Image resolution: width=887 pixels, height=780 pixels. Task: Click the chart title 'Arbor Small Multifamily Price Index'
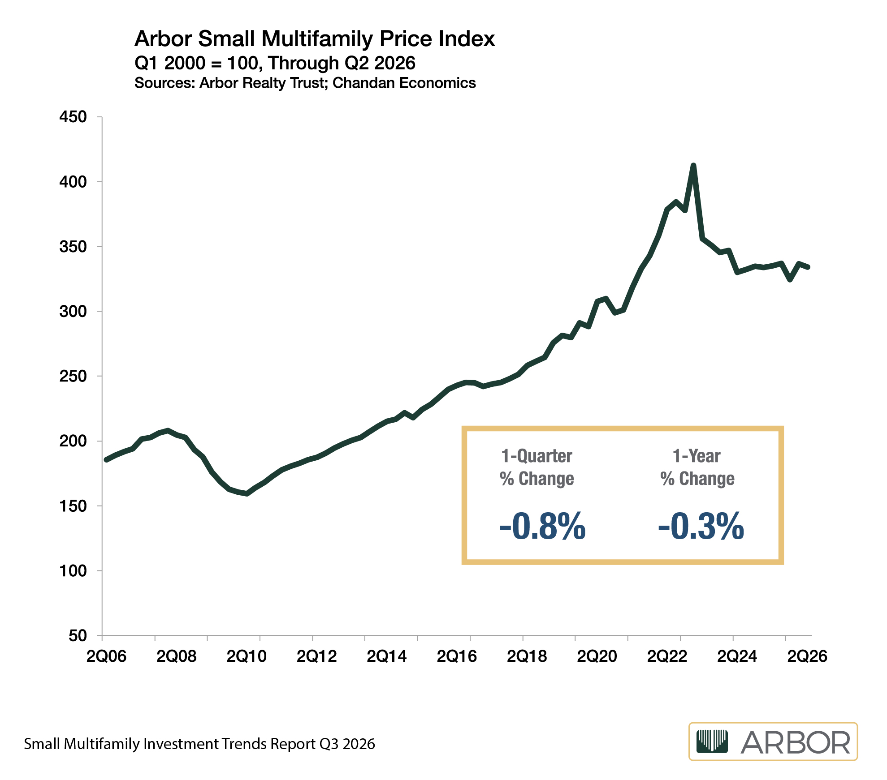tap(315, 39)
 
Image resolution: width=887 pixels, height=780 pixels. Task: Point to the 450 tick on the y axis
tap(73, 117)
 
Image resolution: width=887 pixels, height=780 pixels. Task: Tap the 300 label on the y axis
tap(73, 311)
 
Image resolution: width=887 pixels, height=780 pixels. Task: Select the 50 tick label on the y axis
tap(78, 635)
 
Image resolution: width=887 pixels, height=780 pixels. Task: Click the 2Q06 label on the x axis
tap(106, 656)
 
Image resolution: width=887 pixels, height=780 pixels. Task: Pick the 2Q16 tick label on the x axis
tap(457, 656)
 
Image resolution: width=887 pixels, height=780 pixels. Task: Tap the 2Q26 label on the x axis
tap(807, 656)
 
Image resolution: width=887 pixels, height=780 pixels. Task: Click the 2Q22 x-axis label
tap(667, 656)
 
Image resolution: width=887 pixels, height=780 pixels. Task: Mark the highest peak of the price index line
tap(693, 166)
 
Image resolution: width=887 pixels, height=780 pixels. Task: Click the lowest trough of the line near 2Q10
tap(247, 493)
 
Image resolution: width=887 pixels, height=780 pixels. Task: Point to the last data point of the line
tap(808, 267)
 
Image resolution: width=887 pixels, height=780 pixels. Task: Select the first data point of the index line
tap(106, 460)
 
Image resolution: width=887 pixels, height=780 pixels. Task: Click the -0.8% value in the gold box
tap(542, 526)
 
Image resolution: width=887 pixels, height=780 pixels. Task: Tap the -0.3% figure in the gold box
tap(701, 526)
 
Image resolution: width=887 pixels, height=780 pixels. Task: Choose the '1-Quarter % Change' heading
tap(537, 467)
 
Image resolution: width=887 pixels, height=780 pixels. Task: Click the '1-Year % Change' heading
tap(697, 467)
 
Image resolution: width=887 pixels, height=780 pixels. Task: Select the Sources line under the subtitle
tap(305, 83)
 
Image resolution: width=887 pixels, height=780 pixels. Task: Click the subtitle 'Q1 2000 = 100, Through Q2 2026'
tap(275, 63)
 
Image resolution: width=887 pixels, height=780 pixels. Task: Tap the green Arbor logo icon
tap(712, 741)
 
